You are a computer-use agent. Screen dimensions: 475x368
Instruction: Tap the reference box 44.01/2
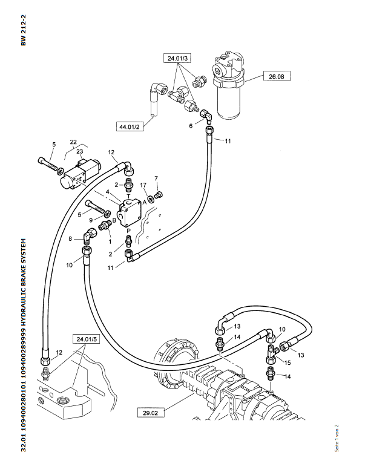[130, 126]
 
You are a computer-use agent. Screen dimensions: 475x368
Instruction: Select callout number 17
[143, 185]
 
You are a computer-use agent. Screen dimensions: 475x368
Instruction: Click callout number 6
[191, 126]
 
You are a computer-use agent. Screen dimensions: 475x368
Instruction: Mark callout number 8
[70, 239]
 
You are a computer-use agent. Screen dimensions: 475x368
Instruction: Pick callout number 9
[91, 220]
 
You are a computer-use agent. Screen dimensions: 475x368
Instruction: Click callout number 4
[108, 193]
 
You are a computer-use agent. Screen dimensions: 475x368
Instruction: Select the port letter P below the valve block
[128, 231]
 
